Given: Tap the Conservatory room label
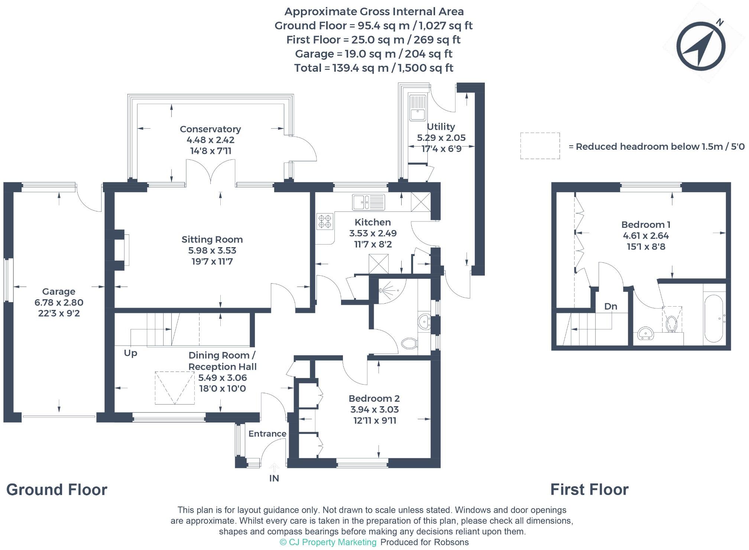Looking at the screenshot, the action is coord(210,129).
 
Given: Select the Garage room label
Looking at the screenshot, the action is coord(59,292).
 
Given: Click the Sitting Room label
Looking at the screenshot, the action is coord(212,239).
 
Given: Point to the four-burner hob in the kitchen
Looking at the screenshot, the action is coord(324,221).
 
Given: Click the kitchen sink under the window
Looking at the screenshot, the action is coord(369,203).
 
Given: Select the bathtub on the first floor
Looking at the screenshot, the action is coord(714,318).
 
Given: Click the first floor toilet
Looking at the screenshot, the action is coord(671,322).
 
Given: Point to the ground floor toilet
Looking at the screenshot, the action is coord(409,343).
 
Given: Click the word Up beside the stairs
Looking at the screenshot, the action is coord(130,353).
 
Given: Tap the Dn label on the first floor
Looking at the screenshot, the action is coord(611,306).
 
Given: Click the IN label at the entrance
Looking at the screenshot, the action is coord(274,478).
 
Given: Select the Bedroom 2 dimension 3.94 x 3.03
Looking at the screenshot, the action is coord(374,410).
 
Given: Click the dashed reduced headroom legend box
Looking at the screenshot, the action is coord(540,146).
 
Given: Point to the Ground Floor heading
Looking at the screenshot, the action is coord(57,490).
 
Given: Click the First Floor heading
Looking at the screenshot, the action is coord(589,489).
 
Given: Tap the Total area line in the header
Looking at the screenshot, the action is coord(374,68).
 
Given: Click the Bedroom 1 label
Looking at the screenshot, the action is coord(646,224).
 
